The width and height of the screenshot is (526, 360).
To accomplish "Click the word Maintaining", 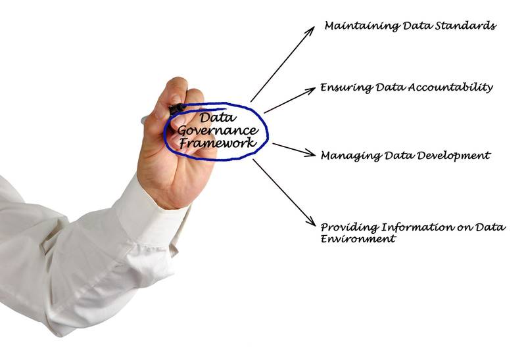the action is (362, 26).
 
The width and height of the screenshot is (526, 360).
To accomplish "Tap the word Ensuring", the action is (347, 88).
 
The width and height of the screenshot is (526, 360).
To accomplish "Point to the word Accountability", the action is (450, 88).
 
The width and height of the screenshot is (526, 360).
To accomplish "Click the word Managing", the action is (351, 156).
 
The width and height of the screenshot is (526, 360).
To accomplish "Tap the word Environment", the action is (358, 238).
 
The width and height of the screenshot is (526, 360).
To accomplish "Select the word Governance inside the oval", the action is (218, 131).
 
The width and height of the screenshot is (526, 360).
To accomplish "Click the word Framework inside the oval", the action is (218, 143).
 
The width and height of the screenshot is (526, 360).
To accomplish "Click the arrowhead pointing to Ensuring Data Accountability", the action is (310, 90).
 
